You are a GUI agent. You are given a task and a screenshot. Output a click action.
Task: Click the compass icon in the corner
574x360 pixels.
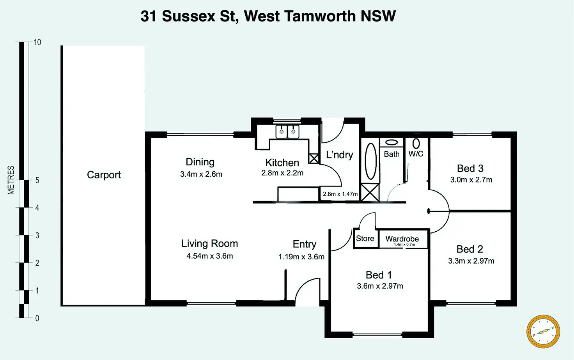click(x=543, y=332)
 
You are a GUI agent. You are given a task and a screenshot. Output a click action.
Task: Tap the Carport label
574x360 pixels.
click(x=104, y=175)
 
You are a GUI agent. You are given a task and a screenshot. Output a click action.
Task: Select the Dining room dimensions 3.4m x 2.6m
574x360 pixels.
click(x=201, y=174)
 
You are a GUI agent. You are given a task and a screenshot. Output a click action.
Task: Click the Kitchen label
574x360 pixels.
click(x=282, y=163)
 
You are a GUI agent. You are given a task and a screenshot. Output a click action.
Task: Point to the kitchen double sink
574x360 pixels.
click(x=287, y=131)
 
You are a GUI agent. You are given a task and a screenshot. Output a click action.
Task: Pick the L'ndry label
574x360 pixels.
click(x=340, y=155)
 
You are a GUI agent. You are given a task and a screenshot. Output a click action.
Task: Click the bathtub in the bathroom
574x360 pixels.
click(x=370, y=161)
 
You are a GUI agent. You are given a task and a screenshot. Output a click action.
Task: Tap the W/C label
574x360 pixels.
click(x=416, y=154)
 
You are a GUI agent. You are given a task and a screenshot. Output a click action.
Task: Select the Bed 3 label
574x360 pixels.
click(x=470, y=168)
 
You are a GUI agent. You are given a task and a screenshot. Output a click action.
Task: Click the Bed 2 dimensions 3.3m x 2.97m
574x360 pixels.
click(x=471, y=261)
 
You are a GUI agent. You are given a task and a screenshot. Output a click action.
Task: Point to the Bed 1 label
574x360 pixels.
click(x=379, y=275)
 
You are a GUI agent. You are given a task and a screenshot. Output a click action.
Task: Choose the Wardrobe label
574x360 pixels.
click(x=402, y=238)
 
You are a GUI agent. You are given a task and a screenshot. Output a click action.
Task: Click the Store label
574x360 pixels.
click(x=365, y=238)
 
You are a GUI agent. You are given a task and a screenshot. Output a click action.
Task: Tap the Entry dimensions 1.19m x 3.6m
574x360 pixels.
click(x=301, y=257)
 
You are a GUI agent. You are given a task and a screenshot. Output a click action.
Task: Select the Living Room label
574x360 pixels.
click(x=209, y=243)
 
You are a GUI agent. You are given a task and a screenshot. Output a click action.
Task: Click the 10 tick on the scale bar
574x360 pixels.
click(x=37, y=42)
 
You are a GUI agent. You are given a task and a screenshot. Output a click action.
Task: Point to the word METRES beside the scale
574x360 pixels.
click(x=11, y=180)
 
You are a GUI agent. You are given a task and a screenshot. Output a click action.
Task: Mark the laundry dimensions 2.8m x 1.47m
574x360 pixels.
click(x=340, y=194)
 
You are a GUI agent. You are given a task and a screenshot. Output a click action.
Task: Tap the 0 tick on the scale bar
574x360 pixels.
click(x=37, y=318)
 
